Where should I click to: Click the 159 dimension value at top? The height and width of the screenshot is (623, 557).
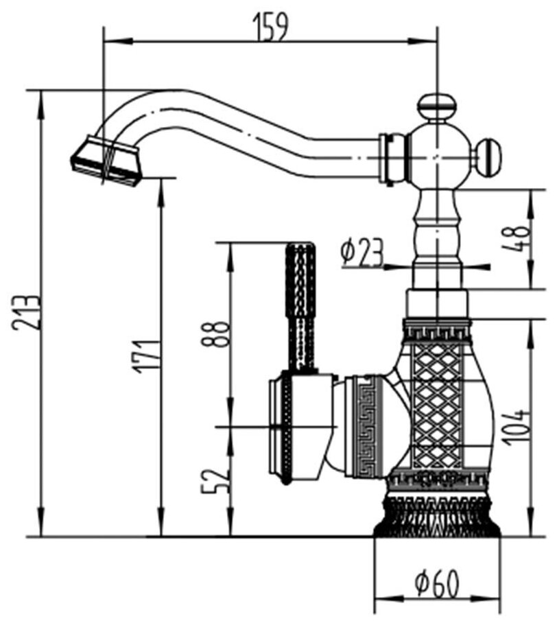[271, 26]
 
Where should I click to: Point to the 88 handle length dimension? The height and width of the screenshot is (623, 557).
[218, 334]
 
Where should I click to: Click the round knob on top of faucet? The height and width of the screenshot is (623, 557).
[437, 106]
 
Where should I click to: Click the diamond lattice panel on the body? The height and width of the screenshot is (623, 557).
[436, 405]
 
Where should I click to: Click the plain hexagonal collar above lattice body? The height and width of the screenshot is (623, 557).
[437, 304]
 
